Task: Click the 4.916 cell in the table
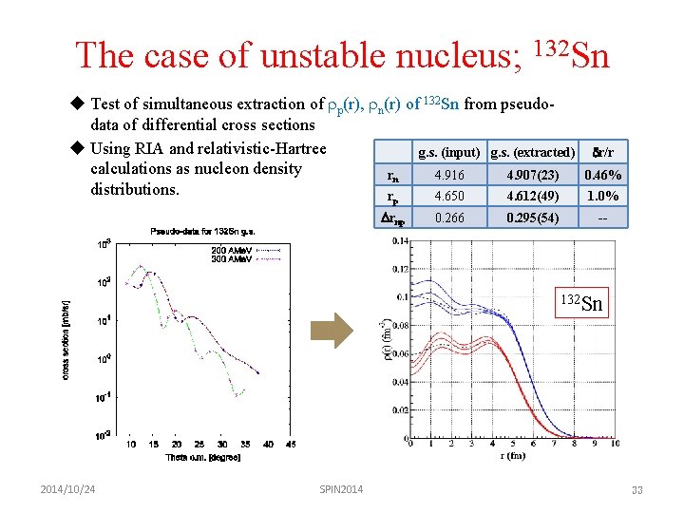(449, 175)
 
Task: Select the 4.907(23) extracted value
(531, 175)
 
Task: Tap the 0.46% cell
(602, 175)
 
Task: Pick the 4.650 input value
(449, 196)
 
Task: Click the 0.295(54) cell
(531, 218)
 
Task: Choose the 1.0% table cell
(602, 196)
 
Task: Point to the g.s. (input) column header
(449, 152)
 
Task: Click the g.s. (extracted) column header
(532, 152)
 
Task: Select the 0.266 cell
(449, 218)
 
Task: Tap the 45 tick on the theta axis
(291, 445)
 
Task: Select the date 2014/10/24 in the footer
(67, 488)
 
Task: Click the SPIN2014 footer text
(342, 488)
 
